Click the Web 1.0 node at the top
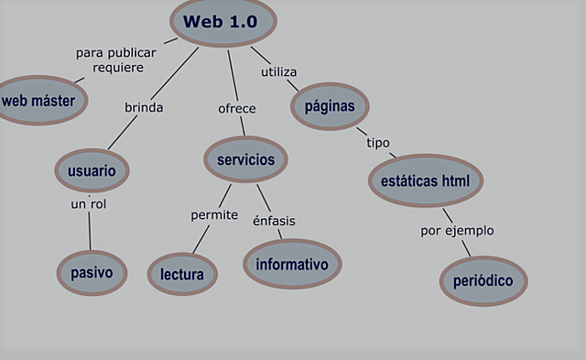[x=222, y=22]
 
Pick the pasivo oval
[x=91, y=272]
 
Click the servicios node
[x=245, y=159]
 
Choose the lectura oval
[x=182, y=273]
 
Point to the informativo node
[x=292, y=265]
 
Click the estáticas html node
[x=425, y=180]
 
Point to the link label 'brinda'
[x=144, y=107]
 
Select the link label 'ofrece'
[x=236, y=108]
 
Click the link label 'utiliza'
[x=279, y=71]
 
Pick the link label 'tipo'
[x=378, y=143]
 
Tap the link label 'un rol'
[x=89, y=203]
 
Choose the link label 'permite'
[x=214, y=215]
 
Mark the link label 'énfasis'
[x=274, y=220]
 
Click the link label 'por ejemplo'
[x=457, y=230]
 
